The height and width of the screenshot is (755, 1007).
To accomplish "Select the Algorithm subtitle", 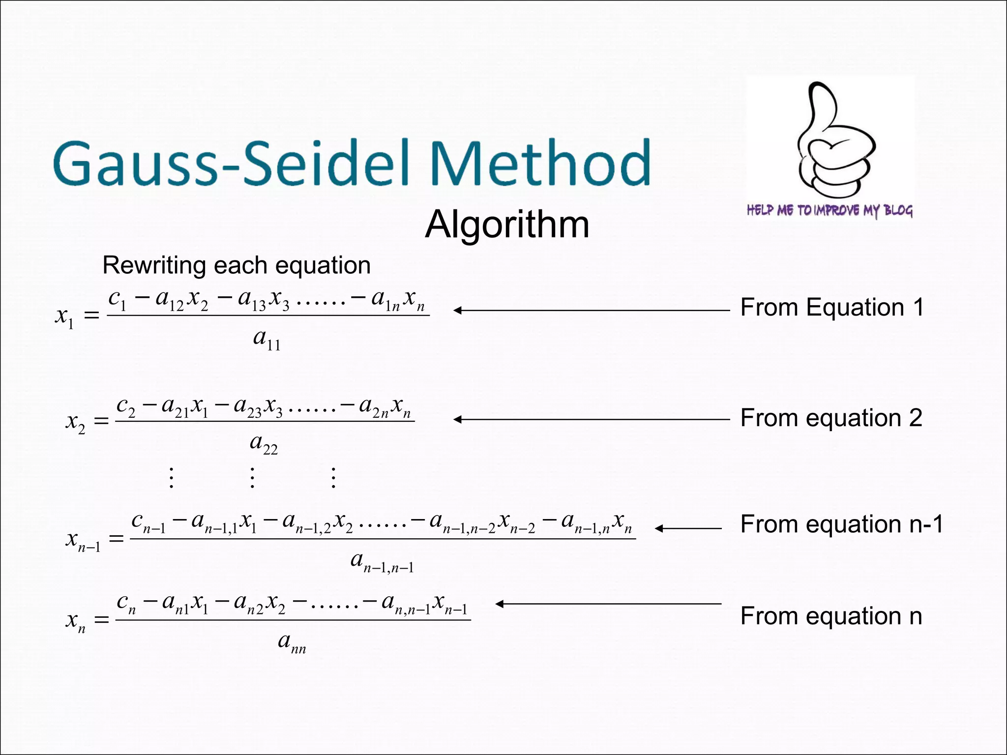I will (x=507, y=225).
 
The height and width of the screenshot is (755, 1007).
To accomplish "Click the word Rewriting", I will (x=153, y=265).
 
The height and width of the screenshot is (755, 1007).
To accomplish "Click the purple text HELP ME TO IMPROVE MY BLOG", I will (x=830, y=210).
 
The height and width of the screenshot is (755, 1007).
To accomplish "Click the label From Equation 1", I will (x=832, y=308).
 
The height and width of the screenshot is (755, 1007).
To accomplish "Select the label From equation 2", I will (x=831, y=418).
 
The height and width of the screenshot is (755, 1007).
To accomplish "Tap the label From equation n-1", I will (x=842, y=524).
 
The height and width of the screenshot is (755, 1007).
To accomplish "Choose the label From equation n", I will (x=831, y=616).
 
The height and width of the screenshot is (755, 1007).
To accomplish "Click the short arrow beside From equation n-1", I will (x=688, y=528).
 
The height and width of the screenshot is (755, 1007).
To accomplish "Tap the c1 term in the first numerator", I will (x=117, y=299).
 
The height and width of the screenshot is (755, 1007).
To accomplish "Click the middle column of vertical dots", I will (x=252, y=477).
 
